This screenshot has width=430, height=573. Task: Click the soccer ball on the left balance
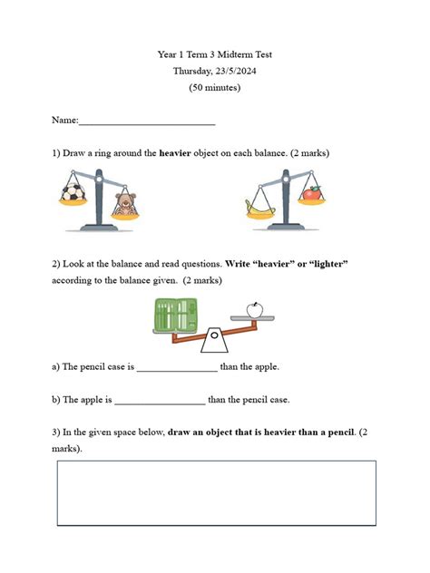(73, 193)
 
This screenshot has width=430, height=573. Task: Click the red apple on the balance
(312, 193)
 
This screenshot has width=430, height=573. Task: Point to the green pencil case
(175, 316)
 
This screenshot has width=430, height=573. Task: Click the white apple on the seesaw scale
(254, 309)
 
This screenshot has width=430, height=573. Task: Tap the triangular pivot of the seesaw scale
(214, 341)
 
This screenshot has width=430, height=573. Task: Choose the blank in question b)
(161, 399)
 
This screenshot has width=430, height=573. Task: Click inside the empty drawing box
(216, 492)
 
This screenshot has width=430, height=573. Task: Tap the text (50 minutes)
(215, 88)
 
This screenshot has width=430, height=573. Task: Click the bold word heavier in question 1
(175, 153)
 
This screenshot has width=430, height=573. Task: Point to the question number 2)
(57, 264)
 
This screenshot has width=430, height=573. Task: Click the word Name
(64, 121)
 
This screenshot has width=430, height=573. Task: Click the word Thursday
(192, 71)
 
